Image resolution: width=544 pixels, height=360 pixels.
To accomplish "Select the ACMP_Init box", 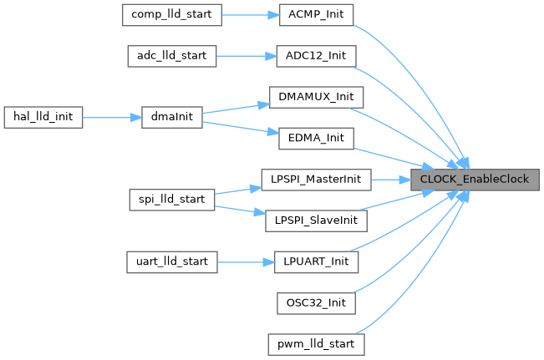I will pos(317,14).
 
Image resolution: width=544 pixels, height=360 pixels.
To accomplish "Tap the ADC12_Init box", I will pos(317,55).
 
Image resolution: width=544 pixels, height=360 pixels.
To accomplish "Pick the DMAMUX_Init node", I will pos(317,96).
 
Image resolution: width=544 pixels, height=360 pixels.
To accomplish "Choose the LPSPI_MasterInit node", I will pos(316,178).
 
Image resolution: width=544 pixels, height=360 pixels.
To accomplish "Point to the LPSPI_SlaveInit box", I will pos(316,220).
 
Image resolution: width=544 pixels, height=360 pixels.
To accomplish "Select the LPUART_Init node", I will pos(317,261).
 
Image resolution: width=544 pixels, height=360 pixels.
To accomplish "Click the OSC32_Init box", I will pos(317,302).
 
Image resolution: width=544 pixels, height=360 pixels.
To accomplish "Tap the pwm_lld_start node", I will pos(317,343).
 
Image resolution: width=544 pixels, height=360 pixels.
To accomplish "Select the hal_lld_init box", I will pos(43,117).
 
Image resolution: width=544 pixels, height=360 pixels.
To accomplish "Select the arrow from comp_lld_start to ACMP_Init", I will pos(246,14).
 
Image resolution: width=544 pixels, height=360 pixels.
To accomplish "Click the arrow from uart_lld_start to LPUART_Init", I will pos(246,261).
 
